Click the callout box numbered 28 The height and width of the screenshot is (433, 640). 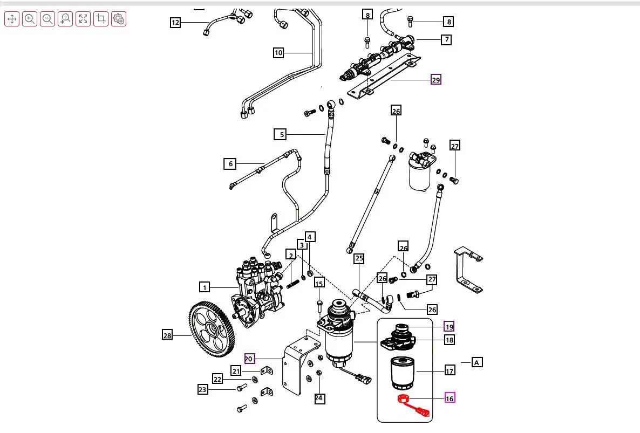click(x=167, y=335)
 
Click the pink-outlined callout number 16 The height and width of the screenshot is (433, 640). click(x=450, y=398)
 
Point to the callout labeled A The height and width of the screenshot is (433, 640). click(x=477, y=362)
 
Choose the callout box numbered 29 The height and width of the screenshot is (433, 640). click(x=436, y=80)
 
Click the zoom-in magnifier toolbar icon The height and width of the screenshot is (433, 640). click(x=30, y=19)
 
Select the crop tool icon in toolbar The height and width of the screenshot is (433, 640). click(x=101, y=19)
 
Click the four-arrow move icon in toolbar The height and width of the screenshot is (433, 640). click(x=12, y=19)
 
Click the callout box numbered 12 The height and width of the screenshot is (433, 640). click(x=175, y=23)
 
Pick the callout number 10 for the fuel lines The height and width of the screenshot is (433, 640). click(x=278, y=53)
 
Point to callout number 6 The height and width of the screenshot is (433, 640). click(x=230, y=164)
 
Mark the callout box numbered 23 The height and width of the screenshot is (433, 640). click(x=202, y=389)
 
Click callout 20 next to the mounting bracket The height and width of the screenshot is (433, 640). click(x=249, y=359)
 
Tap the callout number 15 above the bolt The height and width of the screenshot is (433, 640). click(x=319, y=284)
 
